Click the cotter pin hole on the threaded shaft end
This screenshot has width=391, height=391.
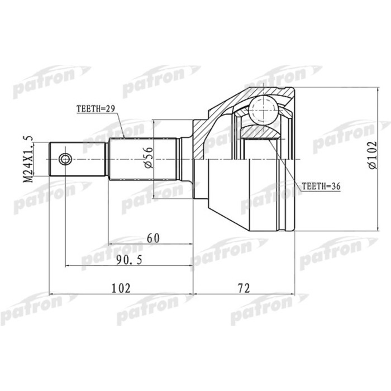65,160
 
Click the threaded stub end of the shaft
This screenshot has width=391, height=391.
78,160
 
